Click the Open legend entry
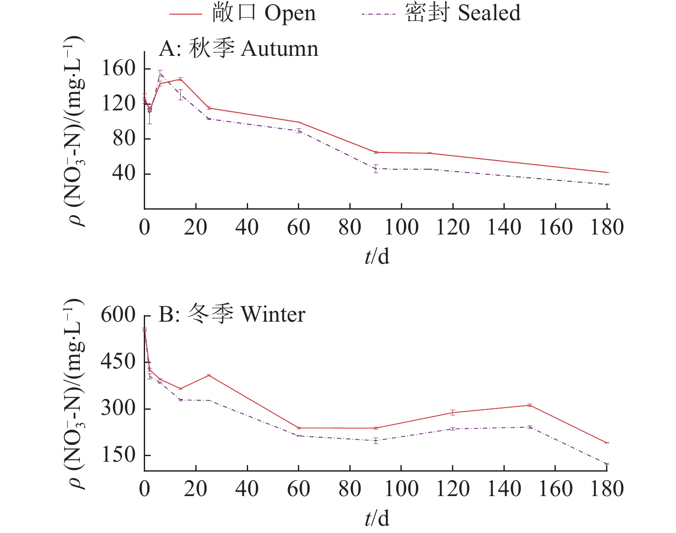243,13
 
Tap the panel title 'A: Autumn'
239,49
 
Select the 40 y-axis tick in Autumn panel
124,174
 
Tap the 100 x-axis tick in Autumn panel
401,227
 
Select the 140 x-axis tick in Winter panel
504,489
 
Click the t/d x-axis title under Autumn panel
377,256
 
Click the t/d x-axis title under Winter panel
377,518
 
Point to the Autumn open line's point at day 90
376,152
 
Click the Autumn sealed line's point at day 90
376,169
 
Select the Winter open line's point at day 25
209,375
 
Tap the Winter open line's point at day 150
530,405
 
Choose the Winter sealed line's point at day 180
606,464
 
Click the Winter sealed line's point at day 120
453,429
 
